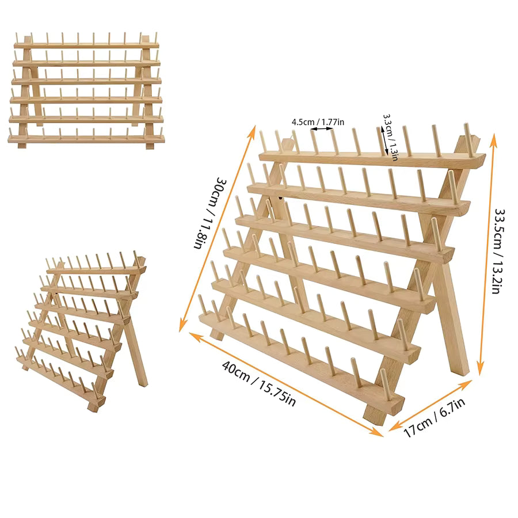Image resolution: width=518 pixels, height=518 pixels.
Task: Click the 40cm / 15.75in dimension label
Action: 258,383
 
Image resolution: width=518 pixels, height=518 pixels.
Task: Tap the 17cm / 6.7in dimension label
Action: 435,417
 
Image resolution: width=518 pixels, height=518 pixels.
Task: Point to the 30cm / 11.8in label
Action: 210,213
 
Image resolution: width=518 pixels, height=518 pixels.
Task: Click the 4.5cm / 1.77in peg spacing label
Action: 318,122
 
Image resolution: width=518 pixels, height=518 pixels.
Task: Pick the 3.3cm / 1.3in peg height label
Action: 390,138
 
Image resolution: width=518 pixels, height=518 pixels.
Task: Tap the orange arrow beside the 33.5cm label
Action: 487,254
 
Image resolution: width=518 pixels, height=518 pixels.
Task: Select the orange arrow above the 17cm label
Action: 430,405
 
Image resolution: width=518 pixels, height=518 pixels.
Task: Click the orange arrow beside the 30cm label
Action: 217,228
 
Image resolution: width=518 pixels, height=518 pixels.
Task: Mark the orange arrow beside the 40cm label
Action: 286,384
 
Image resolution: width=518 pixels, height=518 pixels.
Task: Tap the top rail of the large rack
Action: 372,160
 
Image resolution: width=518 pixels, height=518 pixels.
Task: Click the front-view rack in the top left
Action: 86,90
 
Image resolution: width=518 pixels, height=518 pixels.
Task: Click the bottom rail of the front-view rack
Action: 86,139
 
